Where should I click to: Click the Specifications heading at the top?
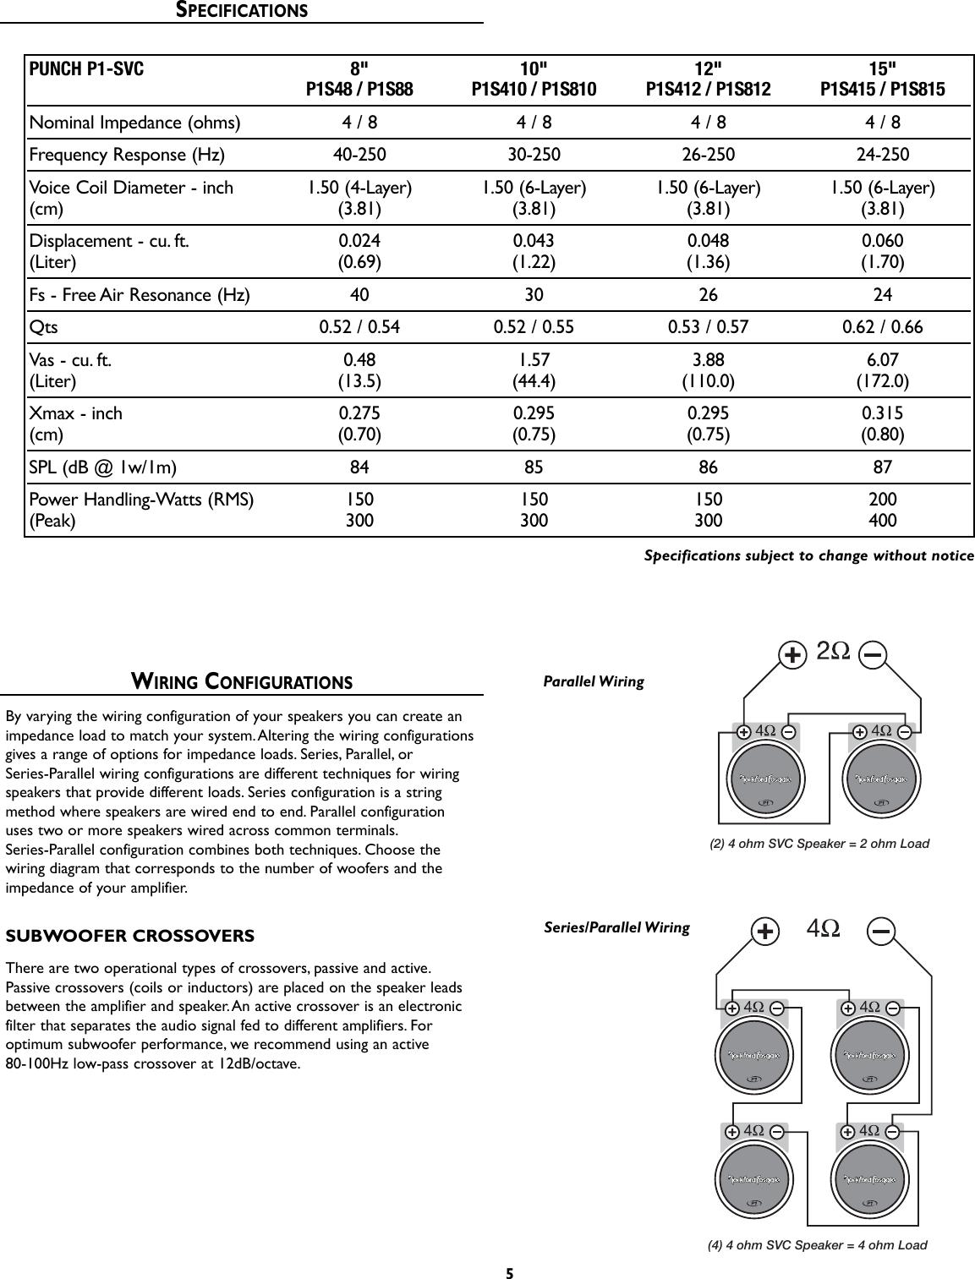point(241,11)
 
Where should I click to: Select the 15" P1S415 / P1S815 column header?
point(884,79)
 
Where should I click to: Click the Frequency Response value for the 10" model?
point(534,155)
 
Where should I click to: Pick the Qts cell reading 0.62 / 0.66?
point(884,327)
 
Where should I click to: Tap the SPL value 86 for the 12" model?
point(709,467)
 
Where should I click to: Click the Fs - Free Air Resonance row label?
point(140,295)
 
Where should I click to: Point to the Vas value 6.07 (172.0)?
point(884,370)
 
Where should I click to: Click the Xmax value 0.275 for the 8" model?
point(359,413)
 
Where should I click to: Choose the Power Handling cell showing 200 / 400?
point(884,510)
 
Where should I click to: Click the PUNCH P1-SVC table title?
point(87,68)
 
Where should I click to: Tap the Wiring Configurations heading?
point(241,681)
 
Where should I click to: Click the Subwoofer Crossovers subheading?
point(130,937)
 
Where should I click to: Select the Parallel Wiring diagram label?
point(593,681)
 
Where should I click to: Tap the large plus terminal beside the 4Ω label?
point(765,932)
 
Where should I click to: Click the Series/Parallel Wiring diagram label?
point(616,928)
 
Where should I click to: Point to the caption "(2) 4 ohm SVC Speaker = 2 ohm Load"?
point(819,844)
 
